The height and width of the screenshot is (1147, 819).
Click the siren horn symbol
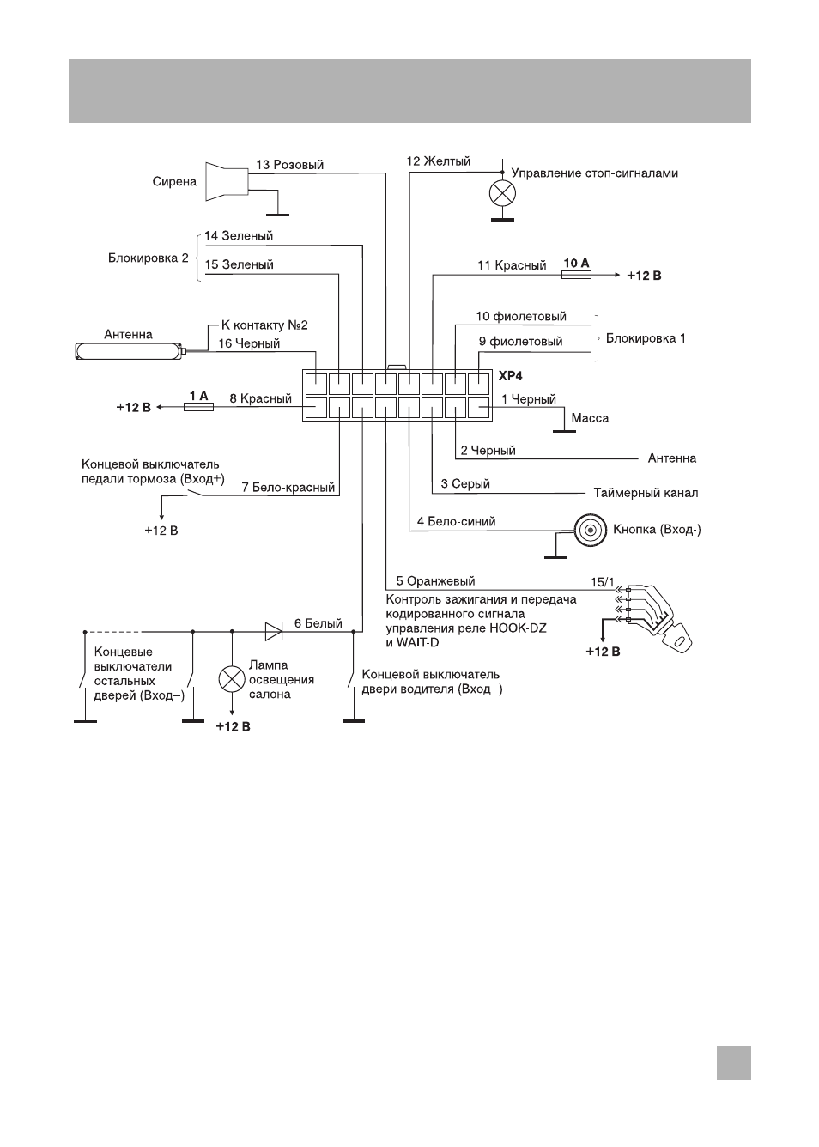227,182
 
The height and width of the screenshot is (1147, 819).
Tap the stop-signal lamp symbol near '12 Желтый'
502,193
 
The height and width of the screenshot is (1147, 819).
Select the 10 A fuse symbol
576,275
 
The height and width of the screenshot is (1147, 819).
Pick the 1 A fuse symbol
198,407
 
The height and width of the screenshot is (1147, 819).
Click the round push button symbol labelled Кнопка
590,530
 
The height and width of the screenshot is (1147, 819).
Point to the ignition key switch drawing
658,618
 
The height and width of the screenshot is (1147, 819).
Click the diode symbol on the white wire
274,631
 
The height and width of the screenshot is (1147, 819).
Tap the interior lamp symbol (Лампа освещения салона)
232,679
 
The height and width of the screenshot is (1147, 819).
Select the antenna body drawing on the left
130,351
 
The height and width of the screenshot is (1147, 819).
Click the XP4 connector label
510,376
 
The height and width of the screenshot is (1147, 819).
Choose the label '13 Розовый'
289,165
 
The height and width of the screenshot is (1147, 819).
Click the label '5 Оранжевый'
435,581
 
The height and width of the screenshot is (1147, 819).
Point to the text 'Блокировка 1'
646,338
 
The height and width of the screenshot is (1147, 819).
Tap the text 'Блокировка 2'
148,258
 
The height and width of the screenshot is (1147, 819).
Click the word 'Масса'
590,418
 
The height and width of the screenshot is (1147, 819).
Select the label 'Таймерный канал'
646,493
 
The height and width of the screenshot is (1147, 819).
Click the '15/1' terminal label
602,582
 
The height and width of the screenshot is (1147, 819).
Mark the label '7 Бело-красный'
288,487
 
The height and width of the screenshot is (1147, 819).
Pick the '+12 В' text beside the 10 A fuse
645,276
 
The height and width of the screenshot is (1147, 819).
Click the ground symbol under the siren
277,215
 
